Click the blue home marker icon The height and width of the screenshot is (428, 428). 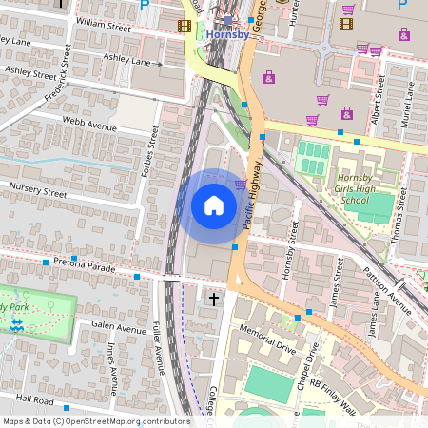214,204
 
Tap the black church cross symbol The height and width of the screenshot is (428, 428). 213,300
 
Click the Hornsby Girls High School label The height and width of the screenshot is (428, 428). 354,187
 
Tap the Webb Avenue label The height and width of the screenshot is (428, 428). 89,126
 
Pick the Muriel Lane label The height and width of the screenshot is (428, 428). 410,101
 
